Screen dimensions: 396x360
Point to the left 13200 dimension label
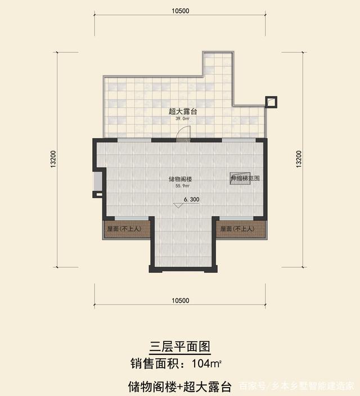click(53, 159)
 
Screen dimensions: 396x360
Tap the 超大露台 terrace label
click(179, 111)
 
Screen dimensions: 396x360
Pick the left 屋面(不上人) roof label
click(125, 229)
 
